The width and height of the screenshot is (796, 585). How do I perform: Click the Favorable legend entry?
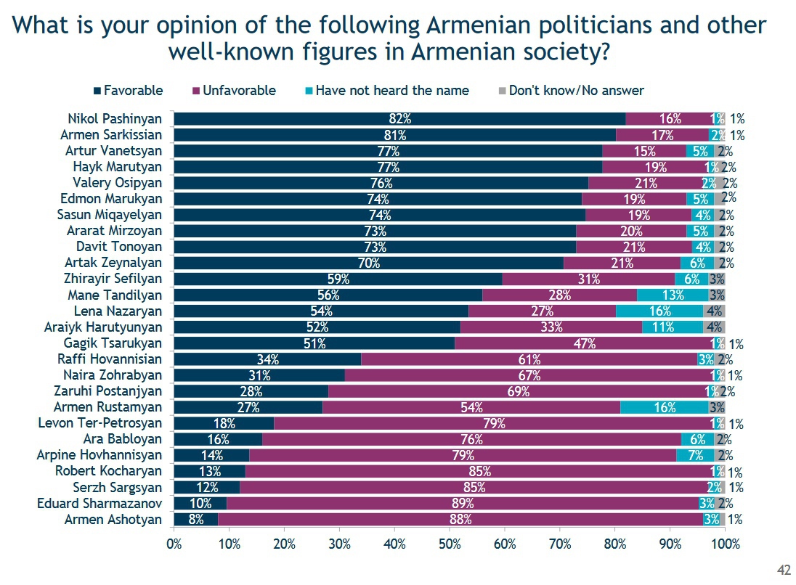point(132,91)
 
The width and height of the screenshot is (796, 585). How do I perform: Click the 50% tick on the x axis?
point(450,544)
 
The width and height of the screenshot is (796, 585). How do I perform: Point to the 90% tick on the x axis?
point(670,544)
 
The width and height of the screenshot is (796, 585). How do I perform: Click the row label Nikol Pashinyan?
point(115,119)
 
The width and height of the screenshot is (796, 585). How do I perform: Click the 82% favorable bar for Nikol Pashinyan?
point(399,119)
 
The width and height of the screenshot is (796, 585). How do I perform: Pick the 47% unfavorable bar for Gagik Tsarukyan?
point(585,343)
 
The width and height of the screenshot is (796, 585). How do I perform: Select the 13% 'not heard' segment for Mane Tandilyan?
point(673,295)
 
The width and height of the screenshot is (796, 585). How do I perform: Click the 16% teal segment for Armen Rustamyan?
point(664,407)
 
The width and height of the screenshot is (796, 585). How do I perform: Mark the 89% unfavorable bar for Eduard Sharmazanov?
point(462,503)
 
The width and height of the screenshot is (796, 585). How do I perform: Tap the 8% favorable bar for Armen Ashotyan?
point(196,519)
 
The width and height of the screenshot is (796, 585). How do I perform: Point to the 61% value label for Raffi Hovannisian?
point(529,359)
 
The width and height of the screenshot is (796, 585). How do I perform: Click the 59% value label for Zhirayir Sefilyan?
point(338,279)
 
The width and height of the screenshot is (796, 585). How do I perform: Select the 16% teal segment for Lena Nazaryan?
point(659,311)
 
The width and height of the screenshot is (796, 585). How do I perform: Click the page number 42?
point(784,570)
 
